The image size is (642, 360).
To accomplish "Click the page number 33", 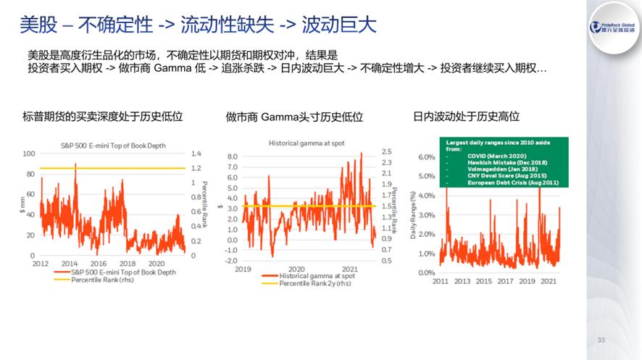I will (600, 340).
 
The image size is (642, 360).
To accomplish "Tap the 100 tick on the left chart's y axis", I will (29, 154).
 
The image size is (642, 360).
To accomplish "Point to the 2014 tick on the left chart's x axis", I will (70, 264).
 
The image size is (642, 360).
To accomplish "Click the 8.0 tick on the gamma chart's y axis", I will (233, 156).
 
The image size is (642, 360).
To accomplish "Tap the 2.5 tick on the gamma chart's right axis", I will (388, 151).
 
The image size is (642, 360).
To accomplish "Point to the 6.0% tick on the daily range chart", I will (426, 157).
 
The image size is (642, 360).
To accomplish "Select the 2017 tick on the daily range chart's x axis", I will (505, 281).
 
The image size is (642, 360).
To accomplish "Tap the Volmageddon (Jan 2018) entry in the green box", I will (497, 169).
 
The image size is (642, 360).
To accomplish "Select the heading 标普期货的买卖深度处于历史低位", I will (102, 116).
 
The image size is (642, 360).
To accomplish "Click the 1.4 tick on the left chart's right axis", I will (195, 154).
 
